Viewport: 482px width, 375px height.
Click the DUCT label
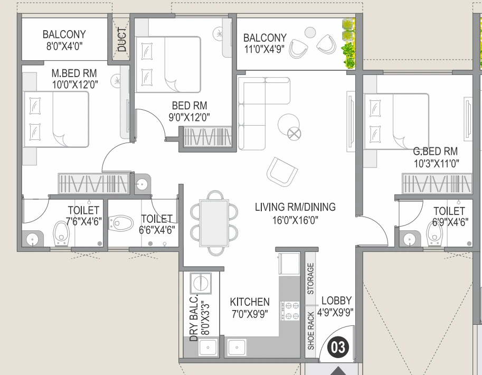click(122, 40)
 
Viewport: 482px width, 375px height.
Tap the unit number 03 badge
click(338, 347)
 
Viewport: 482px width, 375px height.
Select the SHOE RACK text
click(311, 331)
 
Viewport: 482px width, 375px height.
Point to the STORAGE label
click(311, 279)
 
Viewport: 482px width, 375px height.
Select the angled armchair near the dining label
click(282, 172)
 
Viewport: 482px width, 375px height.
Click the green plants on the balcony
click(348, 45)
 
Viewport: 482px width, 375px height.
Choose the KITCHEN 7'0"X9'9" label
click(250, 307)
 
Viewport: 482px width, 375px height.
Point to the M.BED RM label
click(74, 73)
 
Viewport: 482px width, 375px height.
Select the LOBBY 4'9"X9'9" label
click(336, 306)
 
